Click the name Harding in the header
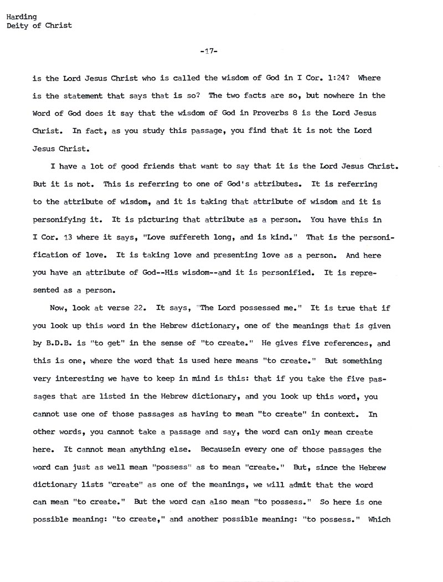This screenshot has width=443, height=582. click(22, 17)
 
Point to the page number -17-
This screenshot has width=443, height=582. click(208, 52)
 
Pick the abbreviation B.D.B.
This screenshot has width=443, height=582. click(56, 343)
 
